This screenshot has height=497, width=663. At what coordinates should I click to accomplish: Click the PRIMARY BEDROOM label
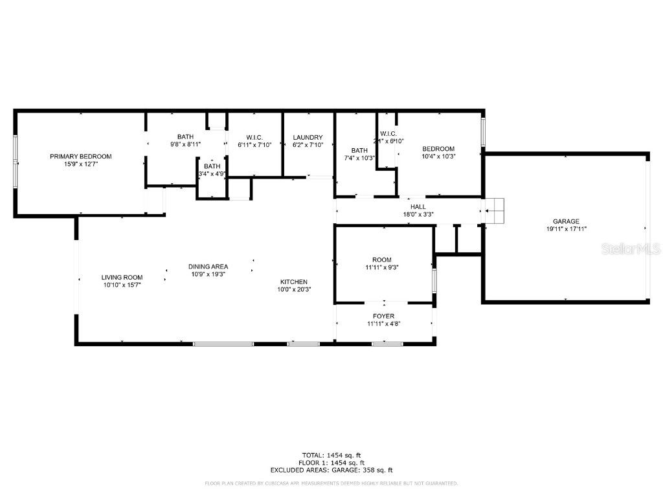point(81,157)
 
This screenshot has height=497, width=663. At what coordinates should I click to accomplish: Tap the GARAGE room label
point(566,221)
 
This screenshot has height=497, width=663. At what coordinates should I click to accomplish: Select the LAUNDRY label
point(308,137)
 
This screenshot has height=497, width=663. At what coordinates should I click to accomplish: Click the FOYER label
point(383,316)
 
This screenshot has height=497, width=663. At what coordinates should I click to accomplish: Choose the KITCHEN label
point(293,282)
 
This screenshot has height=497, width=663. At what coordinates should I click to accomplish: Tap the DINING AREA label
point(208,267)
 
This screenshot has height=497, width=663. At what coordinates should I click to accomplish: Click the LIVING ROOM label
point(122,277)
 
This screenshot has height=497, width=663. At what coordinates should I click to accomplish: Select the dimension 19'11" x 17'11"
point(566,229)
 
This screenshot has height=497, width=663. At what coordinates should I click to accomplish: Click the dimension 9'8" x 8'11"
point(185,144)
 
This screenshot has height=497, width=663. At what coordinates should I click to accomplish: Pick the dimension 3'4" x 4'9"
point(212,173)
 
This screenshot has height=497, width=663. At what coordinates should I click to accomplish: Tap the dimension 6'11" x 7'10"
point(254,144)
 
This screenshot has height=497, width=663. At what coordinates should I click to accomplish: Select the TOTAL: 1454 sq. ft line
point(331,454)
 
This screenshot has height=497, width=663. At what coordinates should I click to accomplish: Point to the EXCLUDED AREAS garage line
point(331,470)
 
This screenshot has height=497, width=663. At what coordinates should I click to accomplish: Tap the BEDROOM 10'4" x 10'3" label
point(438,152)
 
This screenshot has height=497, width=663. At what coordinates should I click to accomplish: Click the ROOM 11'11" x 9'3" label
point(382,263)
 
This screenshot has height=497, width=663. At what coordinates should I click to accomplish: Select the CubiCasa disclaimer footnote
point(331,483)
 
